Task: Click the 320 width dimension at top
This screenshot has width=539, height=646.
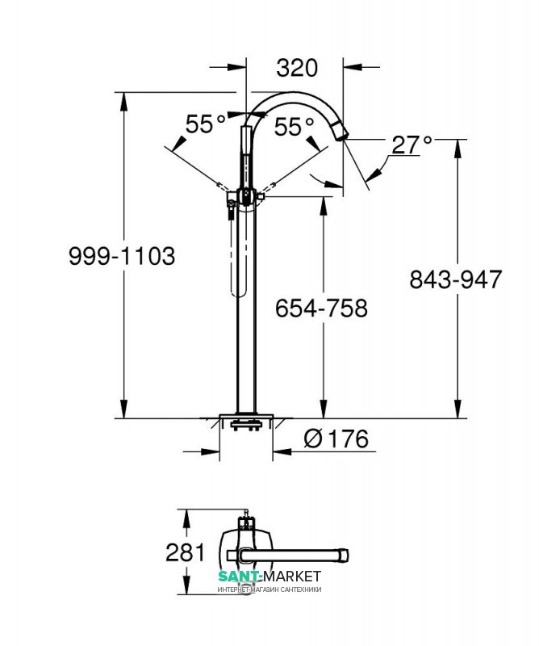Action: pyautogui.click(x=297, y=68)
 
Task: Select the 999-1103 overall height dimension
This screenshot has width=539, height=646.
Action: pyautogui.click(x=122, y=256)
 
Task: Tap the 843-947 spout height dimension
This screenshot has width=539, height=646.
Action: pyautogui.click(x=455, y=279)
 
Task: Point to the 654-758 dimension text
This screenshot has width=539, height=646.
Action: pyautogui.click(x=321, y=308)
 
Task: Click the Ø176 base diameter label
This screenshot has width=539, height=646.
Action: pyautogui.click(x=336, y=438)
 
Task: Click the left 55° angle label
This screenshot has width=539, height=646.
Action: pyautogui.click(x=206, y=124)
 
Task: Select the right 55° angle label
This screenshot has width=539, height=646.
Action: pyautogui.click(x=294, y=126)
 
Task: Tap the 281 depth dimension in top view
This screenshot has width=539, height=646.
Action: pyautogui.click(x=185, y=552)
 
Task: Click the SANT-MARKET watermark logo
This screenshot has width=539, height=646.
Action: pyautogui.click(x=269, y=576)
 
